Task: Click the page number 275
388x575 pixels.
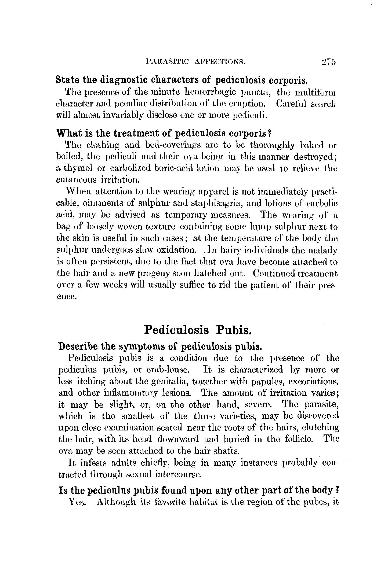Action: (328, 62)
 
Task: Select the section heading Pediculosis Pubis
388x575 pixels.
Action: (198, 330)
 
